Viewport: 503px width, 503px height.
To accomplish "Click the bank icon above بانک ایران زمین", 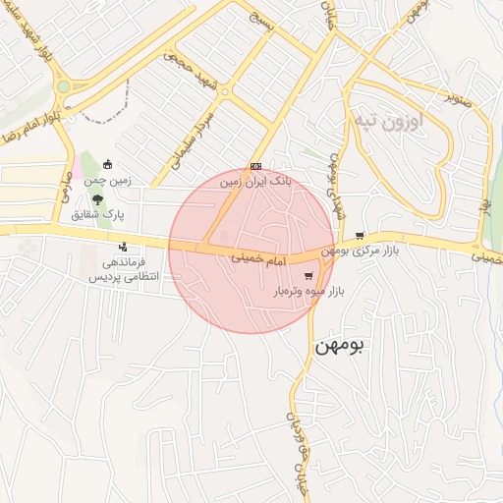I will pyautogui.click(x=255, y=166).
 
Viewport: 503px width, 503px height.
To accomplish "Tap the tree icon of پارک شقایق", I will pyautogui.click(x=95, y=199).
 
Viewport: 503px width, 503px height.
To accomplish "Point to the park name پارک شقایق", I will pyautogui.click(x=95, y=214).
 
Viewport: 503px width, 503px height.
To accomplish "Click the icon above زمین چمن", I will pyautogui.click(x=107, y=165).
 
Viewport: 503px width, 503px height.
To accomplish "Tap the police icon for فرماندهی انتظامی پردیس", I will pyautogui.click(x=123, y=248).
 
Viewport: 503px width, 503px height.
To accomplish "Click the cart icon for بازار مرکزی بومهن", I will pyautogui.click(x=361, y=235).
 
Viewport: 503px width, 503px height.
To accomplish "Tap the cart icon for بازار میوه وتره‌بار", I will pyautogui.click(x=309, y=276).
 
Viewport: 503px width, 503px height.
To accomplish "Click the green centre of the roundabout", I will pyautogui.click(x=64, y=86).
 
